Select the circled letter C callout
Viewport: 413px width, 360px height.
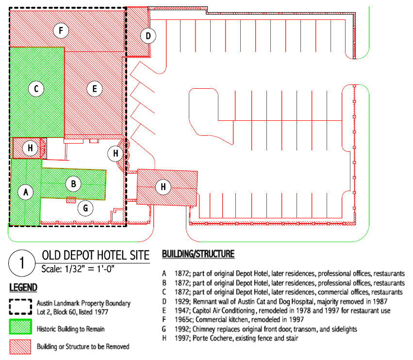pos(36,89)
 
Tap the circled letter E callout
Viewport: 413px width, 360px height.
pos(95,89)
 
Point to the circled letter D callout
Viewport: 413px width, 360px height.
pos(149,35)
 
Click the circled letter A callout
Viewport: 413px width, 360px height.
pos(26,193)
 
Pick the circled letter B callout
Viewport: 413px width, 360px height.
pos(73,184)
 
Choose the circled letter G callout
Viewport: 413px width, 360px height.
pos(85,208)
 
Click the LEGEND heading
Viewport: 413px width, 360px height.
pos(23,288)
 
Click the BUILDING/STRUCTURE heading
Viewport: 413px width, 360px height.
pos(198,254)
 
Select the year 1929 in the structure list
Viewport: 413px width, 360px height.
pos(182,301)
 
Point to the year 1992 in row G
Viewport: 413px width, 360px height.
pos(182,328)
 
